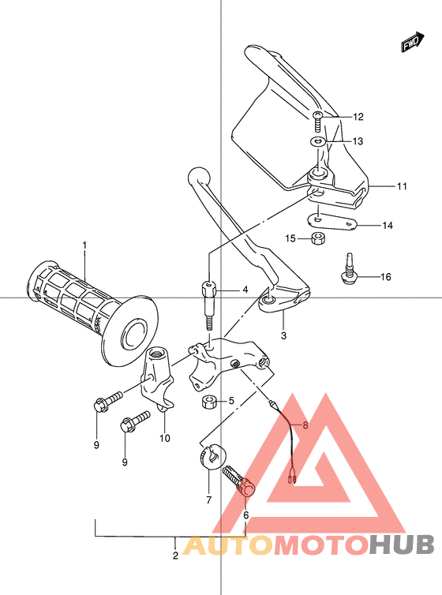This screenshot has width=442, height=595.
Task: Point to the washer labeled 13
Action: click(x=317, y=142)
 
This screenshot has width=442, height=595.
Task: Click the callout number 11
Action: click(x=402, y=187)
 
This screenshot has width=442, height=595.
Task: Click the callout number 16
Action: click(x=385, y=276)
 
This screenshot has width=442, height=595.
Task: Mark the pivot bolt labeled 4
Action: click(x=208, y=301)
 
